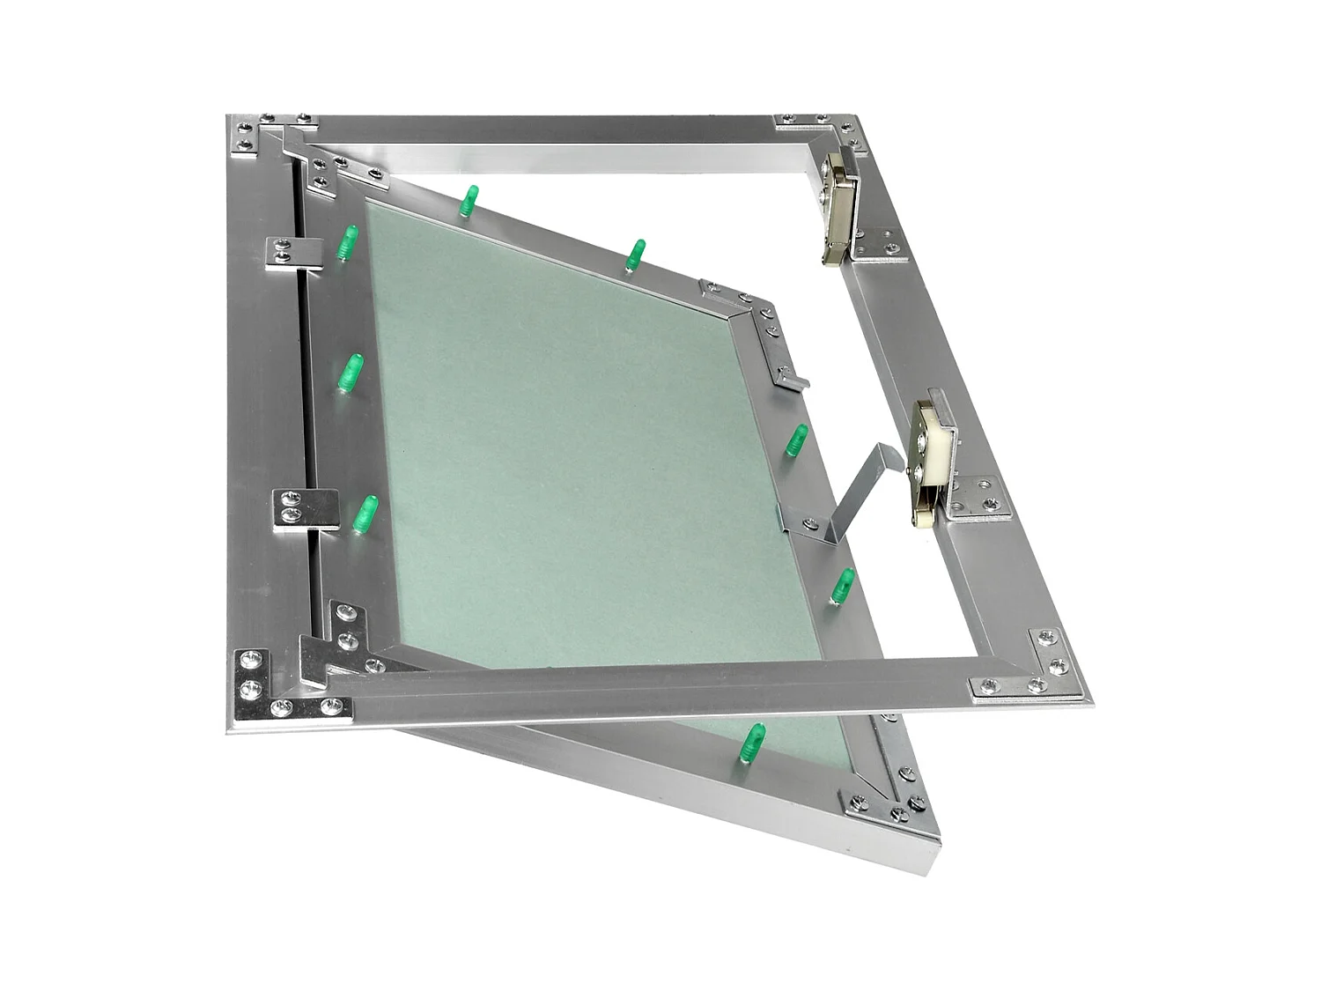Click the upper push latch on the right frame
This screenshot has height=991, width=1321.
pyautogui.click(x=838, y=208)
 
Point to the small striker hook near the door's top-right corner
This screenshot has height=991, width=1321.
pyautogui.click(x=789, y=375)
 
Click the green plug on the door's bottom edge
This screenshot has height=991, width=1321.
pyautogui.click(x=753, y=741)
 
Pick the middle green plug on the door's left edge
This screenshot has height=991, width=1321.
pyautogui.click(x=351, y=373)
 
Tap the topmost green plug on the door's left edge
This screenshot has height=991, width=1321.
pyautogui.click(x=349, y=243)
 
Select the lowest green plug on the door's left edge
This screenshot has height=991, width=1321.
pyautogui.click(x=365, y=514)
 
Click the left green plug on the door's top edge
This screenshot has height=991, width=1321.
pyautogui.click(x=470, y=201)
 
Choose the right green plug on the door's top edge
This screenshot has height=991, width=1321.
pyautogui.click(x=635, y=255)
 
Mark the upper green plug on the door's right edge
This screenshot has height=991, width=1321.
pyautogui.click(x=796, y=440)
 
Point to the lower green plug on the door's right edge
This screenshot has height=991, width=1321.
pyautogui.click(x=843, y=585)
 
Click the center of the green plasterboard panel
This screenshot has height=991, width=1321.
pyautogui.click(x=581, y=467)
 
